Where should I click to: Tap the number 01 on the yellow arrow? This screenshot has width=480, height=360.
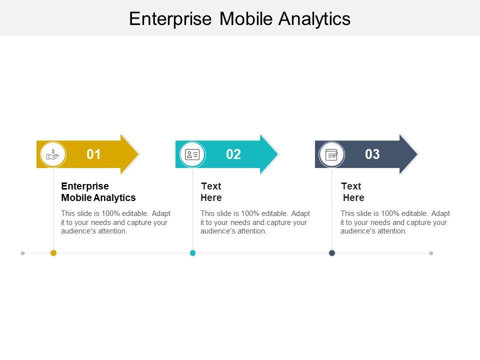click(x=93, y=154)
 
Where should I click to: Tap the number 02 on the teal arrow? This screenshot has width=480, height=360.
click(x=233, y=154)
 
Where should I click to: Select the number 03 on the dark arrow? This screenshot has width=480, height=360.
click(x=372, y=154)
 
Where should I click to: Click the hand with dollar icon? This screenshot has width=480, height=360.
click(x=53, y=154)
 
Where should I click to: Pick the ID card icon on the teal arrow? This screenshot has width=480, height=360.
click(x=192, y=154)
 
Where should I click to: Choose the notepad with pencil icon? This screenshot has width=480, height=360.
click(x=331, y=154)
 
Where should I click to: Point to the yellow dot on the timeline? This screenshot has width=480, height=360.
click(x=53, y=253)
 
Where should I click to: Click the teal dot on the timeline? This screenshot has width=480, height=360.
click(x=192, y=253)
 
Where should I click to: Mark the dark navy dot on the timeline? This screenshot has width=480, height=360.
click(x=331, y=253)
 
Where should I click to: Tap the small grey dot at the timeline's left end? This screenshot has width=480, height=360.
click(x=22, y=253)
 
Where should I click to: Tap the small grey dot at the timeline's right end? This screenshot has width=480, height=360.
click(x=431, y=253)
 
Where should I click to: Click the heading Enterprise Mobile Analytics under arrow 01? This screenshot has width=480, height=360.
click(x=98, y=191)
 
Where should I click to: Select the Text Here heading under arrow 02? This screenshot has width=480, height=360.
click(x=211, y=191)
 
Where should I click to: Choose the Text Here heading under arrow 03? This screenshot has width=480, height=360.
click(x=352, y=191)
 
